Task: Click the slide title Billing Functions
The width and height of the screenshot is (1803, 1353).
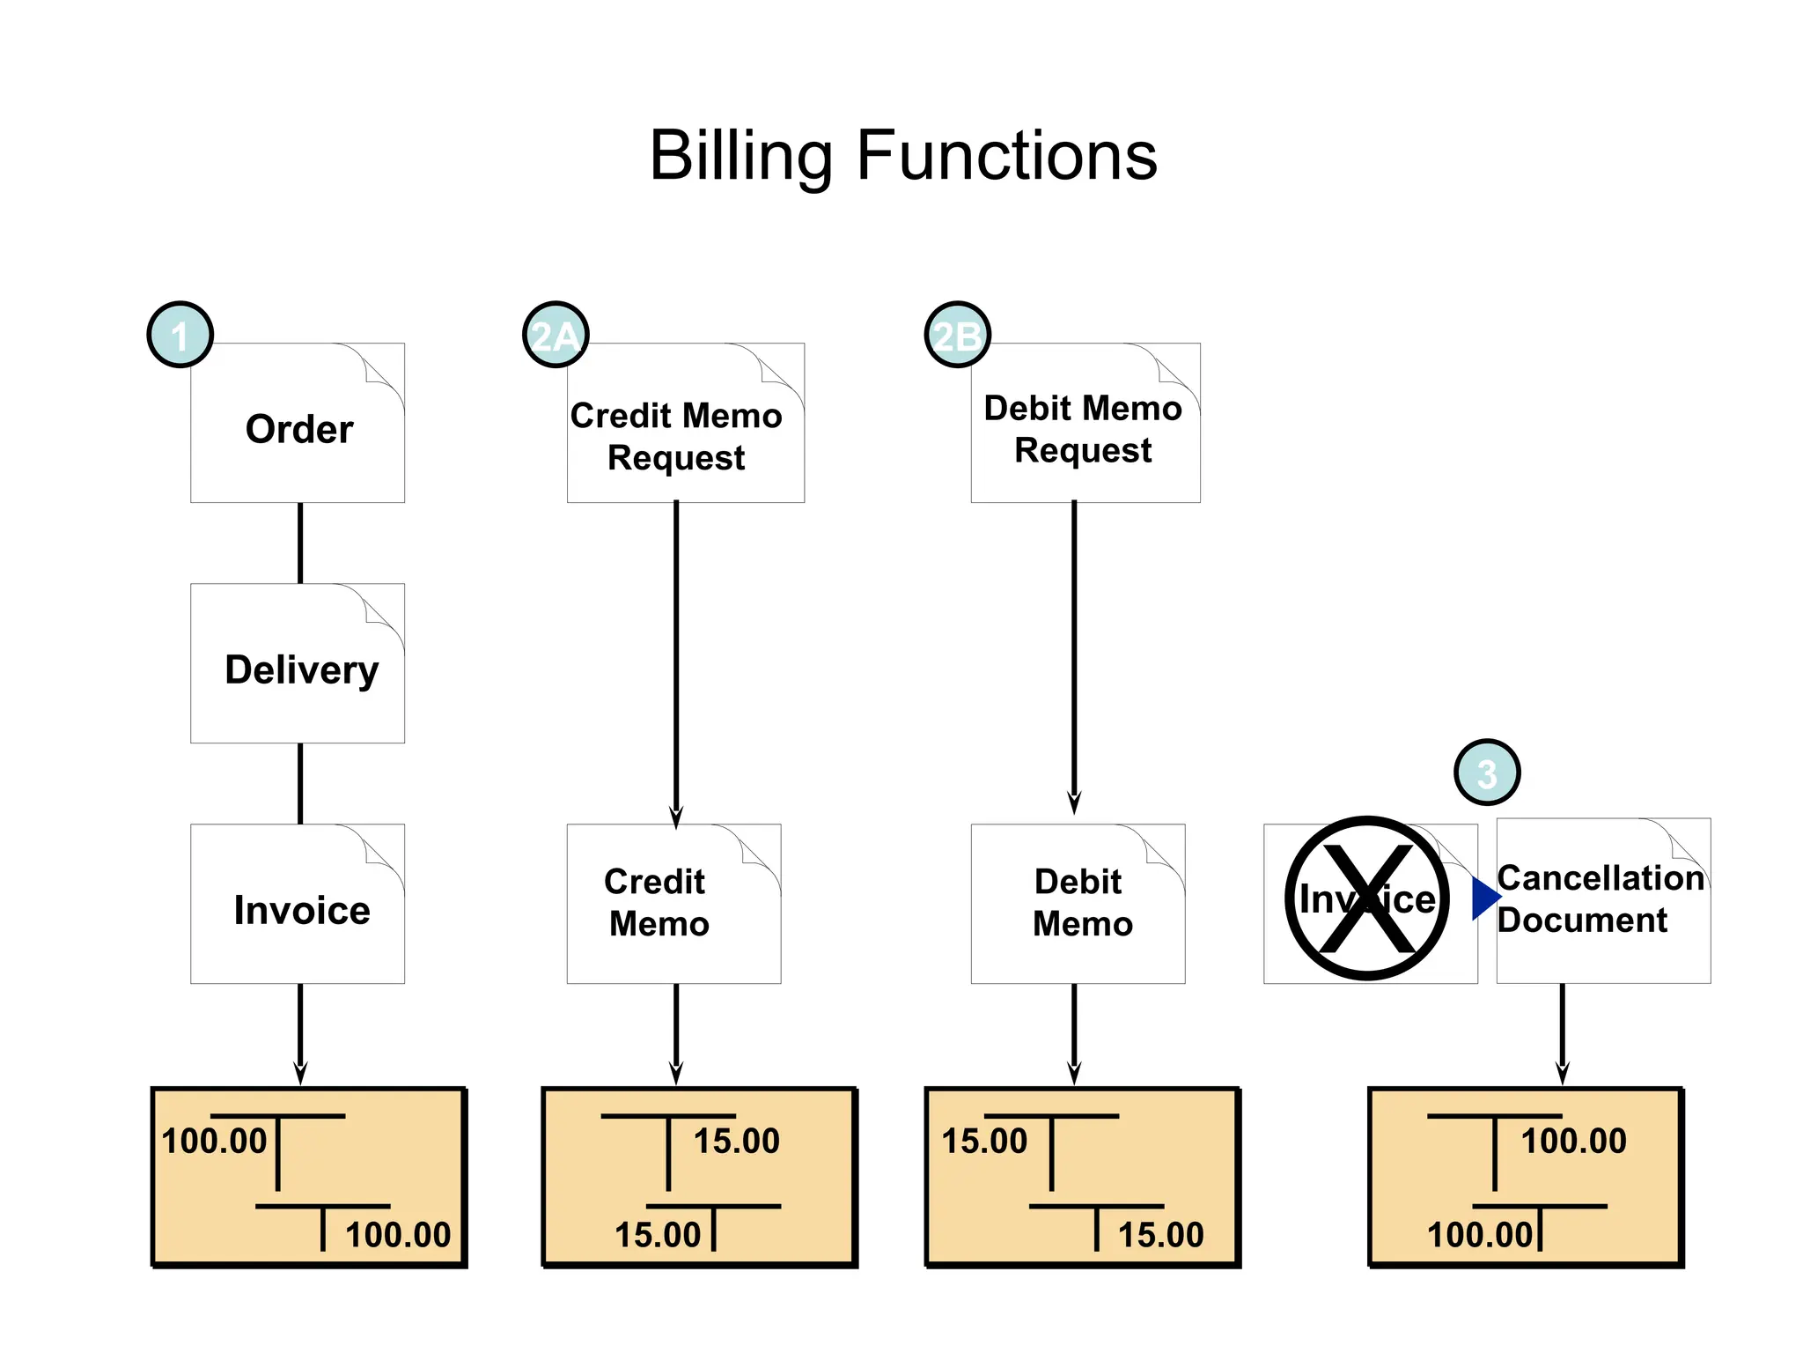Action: point(902,156)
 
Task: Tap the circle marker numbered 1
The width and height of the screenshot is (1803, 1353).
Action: point(180,335)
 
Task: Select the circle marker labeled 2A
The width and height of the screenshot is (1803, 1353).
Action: point(556,335)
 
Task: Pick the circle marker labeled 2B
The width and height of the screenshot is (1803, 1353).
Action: point(957,335)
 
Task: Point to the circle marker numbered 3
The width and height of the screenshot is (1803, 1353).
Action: point(1486,773)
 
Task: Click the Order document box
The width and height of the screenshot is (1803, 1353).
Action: point(298,429)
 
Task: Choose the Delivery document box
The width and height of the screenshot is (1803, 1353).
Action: point(298,669)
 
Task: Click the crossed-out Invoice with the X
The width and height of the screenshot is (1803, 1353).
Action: point(1366,898)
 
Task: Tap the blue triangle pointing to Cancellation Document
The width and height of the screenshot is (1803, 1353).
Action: point(1485,898)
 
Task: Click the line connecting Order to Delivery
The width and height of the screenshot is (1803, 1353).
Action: point(300,543)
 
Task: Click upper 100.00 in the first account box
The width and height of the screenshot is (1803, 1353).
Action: point(214,1142)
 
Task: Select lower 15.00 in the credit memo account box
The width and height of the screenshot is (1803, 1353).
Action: point(658,1235)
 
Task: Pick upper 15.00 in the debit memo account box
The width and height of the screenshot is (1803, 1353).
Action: point(984,1142)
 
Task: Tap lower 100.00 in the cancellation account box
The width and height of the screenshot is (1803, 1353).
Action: point(1480,1235)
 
